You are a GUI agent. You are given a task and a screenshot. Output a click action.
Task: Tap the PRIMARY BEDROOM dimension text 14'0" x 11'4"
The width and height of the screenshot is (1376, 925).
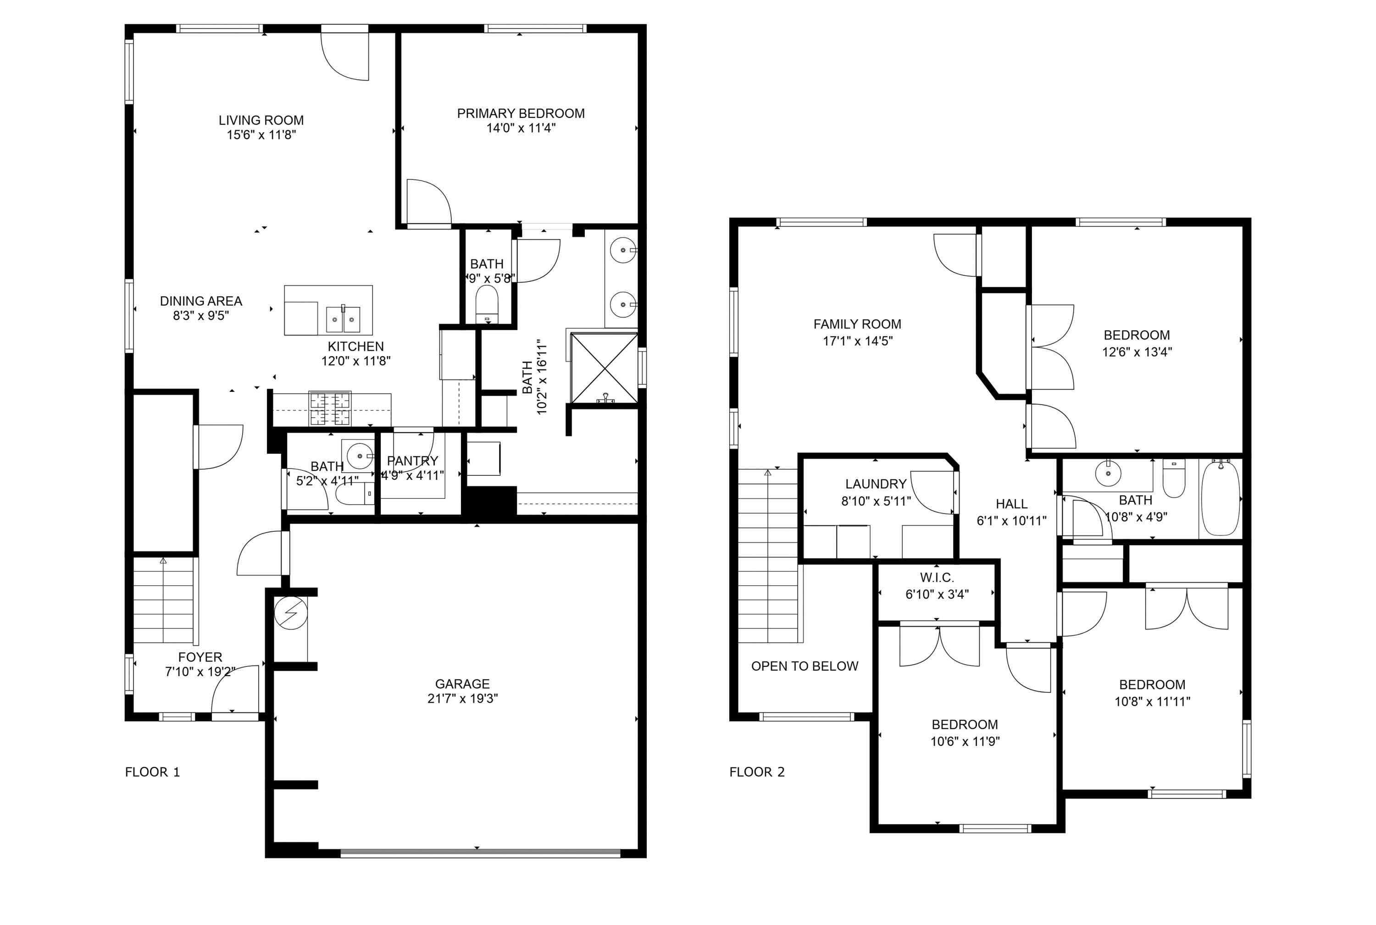tap(520, 128)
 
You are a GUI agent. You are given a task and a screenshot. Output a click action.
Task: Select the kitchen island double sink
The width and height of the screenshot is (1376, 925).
tap(343, 319)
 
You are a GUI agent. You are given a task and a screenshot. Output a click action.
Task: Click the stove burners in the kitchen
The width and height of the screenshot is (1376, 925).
tap(330, 408)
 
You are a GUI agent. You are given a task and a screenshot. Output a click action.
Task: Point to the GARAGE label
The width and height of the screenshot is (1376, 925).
tap(462, 684)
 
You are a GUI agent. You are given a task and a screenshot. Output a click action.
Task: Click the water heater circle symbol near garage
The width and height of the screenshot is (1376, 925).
tap(291, 613)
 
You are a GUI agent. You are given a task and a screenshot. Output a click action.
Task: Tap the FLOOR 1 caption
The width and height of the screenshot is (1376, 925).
tap(152, 771)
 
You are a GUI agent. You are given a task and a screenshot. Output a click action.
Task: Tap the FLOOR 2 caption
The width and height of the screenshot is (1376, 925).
tap(757, 771)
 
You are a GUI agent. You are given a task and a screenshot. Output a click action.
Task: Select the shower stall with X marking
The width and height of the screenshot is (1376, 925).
tap(605, 368)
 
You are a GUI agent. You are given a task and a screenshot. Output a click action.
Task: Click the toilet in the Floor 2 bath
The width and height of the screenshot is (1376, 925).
tap(1174, 479)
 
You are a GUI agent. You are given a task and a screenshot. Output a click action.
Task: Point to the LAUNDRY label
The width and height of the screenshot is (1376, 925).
tap(876, 484)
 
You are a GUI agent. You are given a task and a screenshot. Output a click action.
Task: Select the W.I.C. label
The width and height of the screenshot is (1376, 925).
tap(937, 578)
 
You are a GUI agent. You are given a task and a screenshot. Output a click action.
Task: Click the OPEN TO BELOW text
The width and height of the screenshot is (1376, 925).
tap(805, 666)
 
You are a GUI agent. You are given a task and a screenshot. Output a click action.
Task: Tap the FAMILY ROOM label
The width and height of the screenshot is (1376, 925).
tap(857, 324)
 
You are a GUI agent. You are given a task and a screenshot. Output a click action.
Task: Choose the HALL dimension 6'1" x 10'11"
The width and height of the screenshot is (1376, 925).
tap(1012, 520)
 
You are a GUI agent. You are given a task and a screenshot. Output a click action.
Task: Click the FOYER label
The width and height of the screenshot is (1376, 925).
tap(200, 656)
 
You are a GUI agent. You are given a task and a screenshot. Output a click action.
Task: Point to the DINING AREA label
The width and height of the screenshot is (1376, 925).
tap(201, 301)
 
